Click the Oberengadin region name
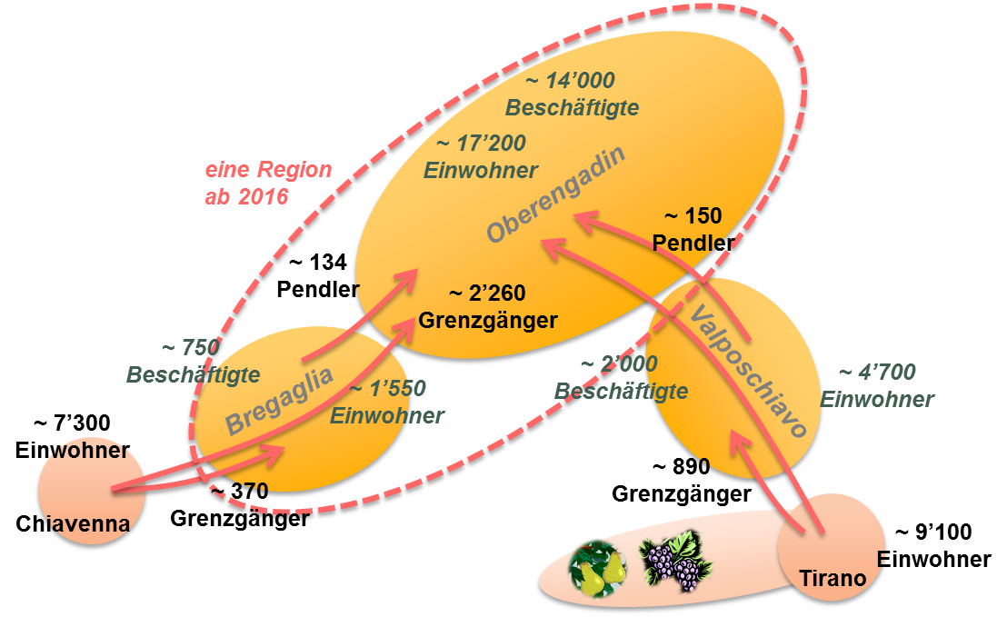tap(556, 195)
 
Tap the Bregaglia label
tap(278, 397)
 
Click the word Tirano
tap(832, 578)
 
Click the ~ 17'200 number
tap(481, 144)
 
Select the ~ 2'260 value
tap(487, 294)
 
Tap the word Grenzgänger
tap(487, 320)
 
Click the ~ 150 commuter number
tap(693, 216)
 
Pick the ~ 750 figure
tap(191, 348)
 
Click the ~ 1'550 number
tap(388, 389)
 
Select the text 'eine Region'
tap(268, 170)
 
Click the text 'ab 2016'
tap(246, 196)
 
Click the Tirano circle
tap(829, 545)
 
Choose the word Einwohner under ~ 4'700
tap(877, 399)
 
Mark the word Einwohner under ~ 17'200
tap(481, 170)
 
